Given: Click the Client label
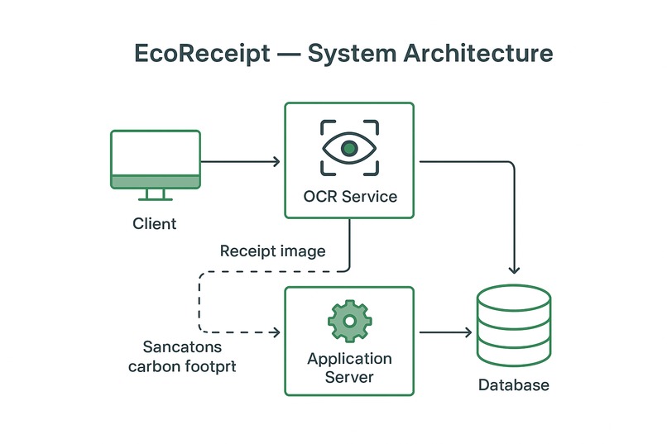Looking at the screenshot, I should point(155,223).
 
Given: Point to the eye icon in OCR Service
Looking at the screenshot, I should point(349,149).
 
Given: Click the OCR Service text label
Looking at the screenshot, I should point(349,197).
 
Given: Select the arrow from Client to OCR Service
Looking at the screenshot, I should point(240,162).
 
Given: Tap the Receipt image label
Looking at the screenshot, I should point(272,251).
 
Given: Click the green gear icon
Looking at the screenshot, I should point(349,321).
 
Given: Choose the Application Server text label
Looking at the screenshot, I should point(349,368).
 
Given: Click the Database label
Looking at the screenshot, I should point(514,385).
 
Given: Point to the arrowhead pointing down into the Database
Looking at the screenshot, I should point(515,269).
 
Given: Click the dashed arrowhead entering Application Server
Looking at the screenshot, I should point(276,333).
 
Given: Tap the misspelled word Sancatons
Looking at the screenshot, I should point(182,347).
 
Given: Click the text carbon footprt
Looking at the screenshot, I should point(182,365).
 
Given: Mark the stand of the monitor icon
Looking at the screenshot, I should point(156,195).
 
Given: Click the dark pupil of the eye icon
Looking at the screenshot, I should point(349,149).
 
